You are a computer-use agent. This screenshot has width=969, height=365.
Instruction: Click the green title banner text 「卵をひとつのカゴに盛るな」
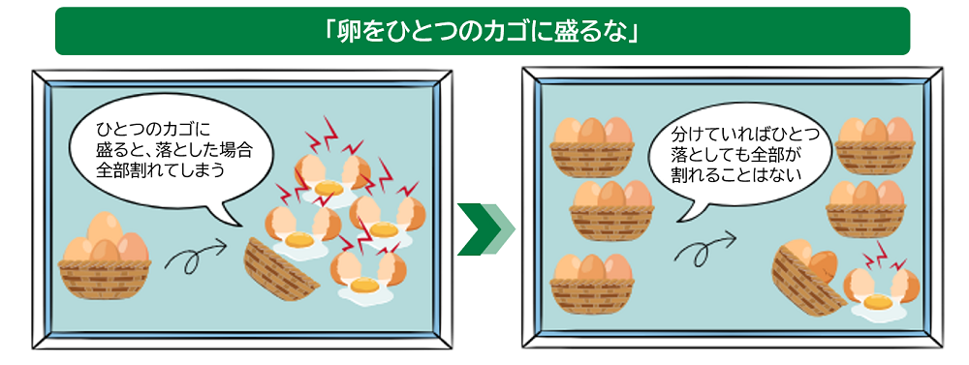click(x=482, y=31)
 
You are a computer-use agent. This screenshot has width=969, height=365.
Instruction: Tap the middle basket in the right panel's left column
click(x=611, y=207)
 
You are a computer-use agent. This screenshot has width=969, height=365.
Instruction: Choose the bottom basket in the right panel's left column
click(x=591, y=280)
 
